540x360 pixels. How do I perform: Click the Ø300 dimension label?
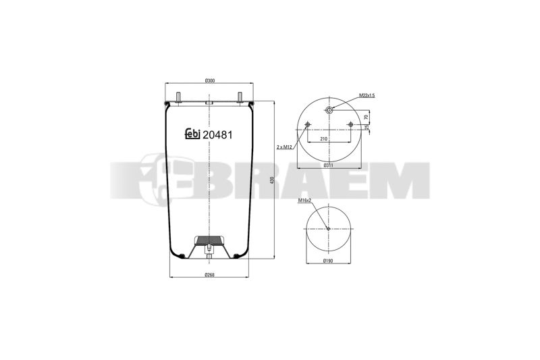210,80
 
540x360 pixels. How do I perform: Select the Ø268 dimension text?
210,275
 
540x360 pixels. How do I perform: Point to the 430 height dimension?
272,180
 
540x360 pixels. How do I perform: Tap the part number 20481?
217,135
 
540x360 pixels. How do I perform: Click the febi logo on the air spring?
192,134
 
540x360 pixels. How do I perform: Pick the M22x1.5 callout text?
367,95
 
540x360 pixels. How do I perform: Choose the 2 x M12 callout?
284,147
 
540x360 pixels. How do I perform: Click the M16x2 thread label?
305,200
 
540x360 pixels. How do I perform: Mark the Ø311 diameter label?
329,165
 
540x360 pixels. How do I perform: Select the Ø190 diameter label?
328,261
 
